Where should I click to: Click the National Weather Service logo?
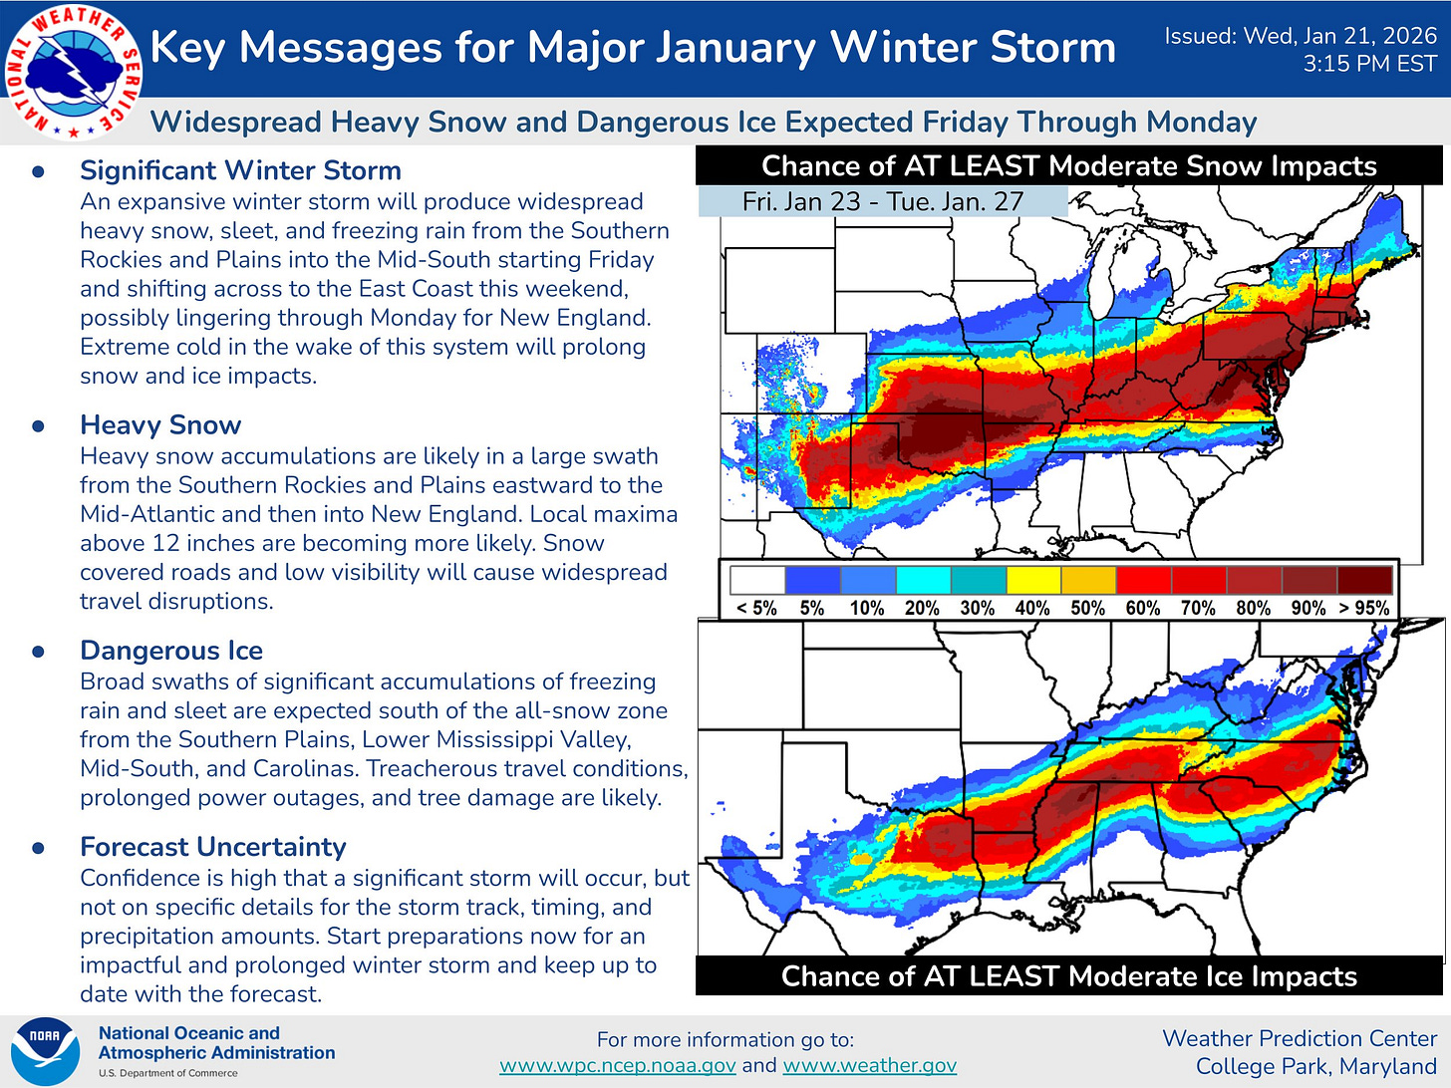point(72,72)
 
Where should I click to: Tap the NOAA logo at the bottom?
point(44,1051)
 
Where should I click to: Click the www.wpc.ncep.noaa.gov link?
point(617,1065)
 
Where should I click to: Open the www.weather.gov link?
point(869,1065)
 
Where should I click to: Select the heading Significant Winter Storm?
point(240,170)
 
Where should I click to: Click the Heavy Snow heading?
point(160,425)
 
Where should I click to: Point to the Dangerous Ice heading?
point(171,651)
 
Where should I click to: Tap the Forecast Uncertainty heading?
point(212,847)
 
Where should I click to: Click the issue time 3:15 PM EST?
point(1369,65)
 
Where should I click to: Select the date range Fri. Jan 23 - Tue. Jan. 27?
point(882,201)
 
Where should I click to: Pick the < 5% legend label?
point(756,608)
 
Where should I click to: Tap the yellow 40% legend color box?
point(1033,580)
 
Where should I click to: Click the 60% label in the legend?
point(1142,608)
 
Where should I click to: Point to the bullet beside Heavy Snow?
point(39,426)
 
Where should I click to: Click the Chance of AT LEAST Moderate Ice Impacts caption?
point(1068,976)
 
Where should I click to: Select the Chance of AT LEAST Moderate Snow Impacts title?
point(1068,166)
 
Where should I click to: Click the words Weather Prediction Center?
point(1299,1038)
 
